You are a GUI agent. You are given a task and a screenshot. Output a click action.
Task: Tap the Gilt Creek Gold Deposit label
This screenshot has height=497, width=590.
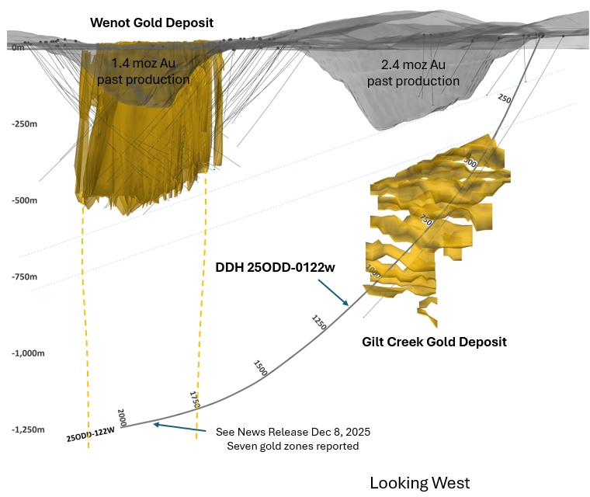[x=434, y=342]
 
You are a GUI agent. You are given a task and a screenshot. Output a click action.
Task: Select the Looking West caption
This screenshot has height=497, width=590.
[x=419, y=483]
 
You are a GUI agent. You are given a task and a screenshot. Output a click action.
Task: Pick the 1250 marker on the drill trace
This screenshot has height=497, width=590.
[x=318, y=323]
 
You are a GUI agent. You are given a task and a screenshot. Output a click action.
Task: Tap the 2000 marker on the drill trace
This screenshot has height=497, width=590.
[x=121, y=415]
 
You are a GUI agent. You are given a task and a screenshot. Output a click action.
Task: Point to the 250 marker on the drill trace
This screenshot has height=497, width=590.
[x=505, y=99]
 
